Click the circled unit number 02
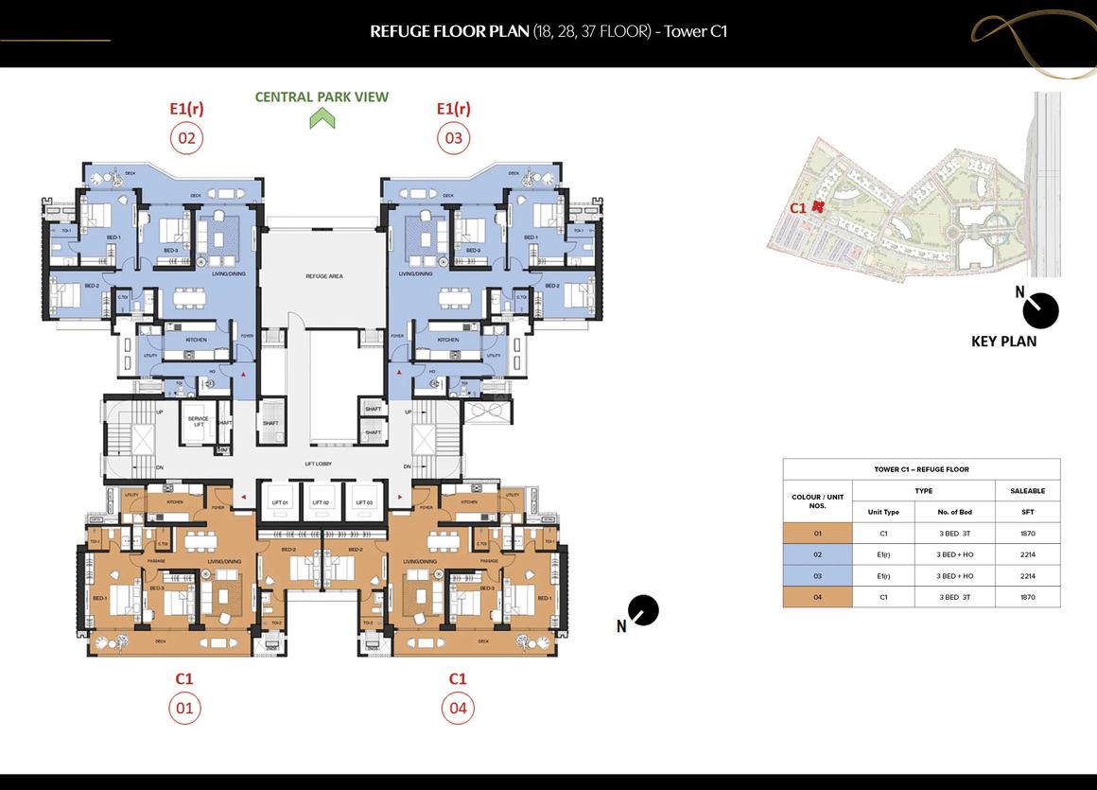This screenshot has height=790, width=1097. [x=186, y=138]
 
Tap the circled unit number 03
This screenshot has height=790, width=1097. [x=454, y=138]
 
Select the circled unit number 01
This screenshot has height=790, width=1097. [x=184, y=709]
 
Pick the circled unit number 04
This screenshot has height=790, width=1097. [x=458, y=709]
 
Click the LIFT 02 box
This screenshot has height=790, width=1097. [x=321, y=501]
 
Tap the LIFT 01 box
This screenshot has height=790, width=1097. [x=279, y=501]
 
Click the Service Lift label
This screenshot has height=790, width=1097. [x=198, y=421]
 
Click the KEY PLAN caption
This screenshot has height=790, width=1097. [x=1003, y=342]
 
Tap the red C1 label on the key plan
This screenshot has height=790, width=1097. [x=799, y=207]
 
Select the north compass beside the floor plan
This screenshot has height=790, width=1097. [x=642, y=610]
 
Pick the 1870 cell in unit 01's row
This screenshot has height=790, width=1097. [x=1027, y=534]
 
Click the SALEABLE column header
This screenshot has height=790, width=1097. [x=1027, y=491]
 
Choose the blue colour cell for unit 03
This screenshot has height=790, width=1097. [x=817, y=576]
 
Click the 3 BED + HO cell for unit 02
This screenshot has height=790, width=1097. [x=954, y=555]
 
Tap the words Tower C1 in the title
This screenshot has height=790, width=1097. [x=695, y=31]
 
